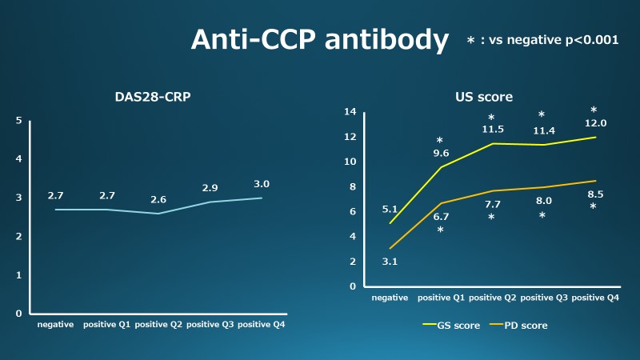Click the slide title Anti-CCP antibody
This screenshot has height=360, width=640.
click(319, 40)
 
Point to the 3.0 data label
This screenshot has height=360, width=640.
click(262, 184)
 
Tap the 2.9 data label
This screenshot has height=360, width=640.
click(210, 188)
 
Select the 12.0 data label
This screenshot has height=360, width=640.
click(595, 123)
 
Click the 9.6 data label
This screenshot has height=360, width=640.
click(440, 153)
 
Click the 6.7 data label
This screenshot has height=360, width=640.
click(440, 216)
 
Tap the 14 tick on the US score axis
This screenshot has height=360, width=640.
click(350, 112)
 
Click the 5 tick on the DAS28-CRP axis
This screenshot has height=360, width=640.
click(19, 121)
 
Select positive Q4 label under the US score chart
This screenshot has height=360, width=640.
click(596, 298)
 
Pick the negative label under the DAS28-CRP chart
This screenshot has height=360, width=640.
click(55, 325)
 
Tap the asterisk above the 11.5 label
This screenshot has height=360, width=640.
click(491, 118)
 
